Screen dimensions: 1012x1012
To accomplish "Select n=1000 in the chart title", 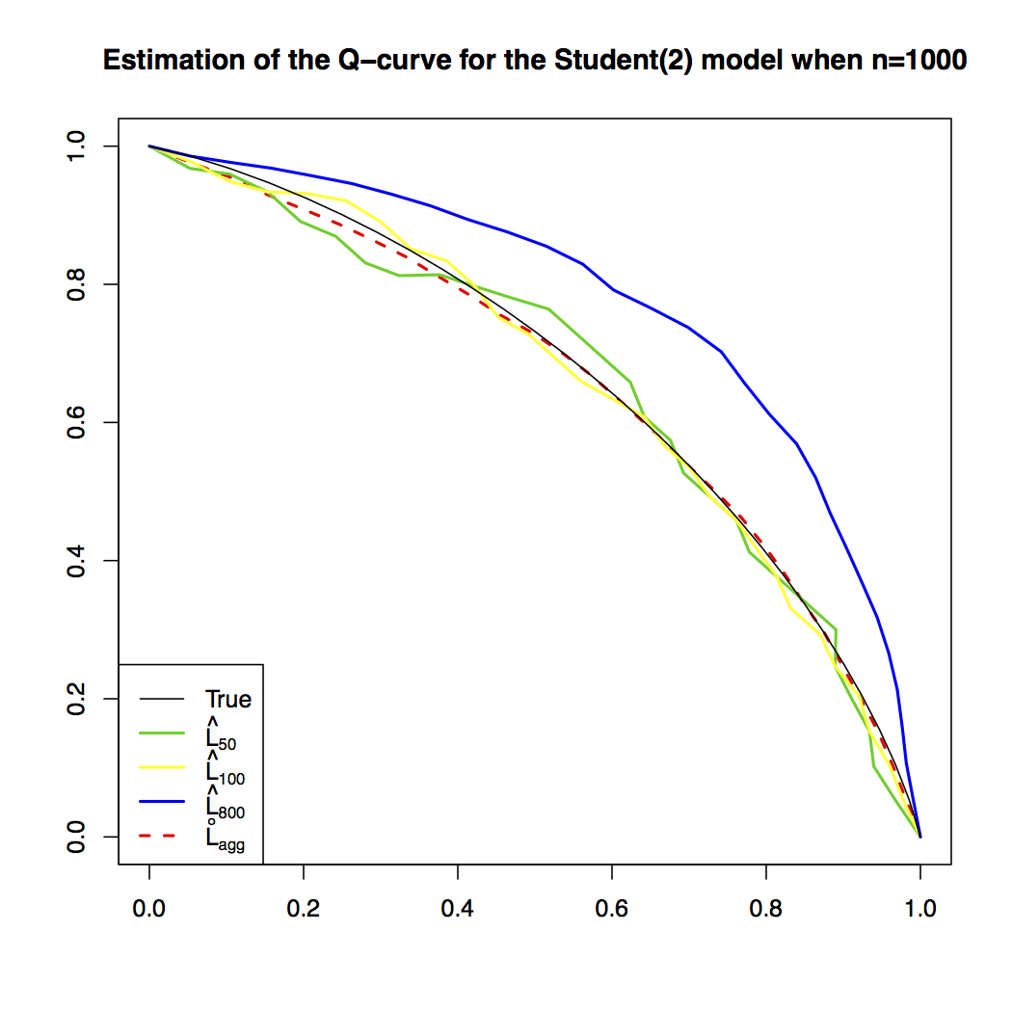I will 917,61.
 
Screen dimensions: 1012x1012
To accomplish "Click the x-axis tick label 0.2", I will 304,907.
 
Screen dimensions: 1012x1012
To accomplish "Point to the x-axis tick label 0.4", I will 458,907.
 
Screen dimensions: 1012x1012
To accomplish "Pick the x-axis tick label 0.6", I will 612,907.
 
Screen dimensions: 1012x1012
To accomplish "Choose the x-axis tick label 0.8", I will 766,907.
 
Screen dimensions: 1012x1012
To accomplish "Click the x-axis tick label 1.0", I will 920,907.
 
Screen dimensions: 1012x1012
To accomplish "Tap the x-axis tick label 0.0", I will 149,907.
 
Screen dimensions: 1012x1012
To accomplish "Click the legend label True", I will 228,699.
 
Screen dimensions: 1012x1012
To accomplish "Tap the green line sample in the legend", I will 161,732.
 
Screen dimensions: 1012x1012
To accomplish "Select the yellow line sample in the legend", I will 161,767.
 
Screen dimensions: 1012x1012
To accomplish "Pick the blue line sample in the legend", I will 161,802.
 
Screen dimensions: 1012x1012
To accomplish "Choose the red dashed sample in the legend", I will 161,836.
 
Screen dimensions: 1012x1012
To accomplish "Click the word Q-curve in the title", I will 366,61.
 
